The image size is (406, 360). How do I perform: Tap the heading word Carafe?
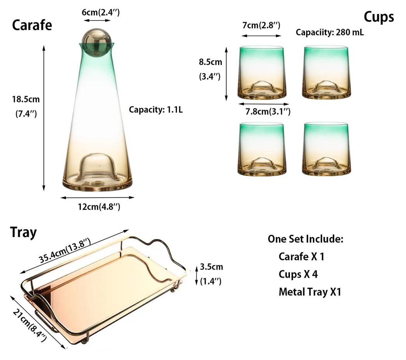tap(32, 25)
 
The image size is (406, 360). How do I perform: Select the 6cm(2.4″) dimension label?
tap(101, 12)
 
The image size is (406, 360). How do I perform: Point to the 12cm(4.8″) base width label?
tap(99, 207)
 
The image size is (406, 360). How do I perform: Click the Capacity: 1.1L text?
tap(156, 109)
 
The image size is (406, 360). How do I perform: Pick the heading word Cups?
tap(379, 17)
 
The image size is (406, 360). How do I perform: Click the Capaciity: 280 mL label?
tap(330, 32)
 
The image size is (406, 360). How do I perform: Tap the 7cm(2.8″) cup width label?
tap(261, 25)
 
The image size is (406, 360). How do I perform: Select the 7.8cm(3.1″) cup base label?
tap(268, 112)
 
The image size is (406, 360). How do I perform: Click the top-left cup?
tap(262, 73)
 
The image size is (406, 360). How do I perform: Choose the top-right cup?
tap(326, 73)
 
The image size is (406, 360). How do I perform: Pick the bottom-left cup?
tap(262, 149)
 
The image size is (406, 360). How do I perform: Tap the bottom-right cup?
tap(326, 149)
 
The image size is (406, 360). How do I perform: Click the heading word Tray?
tap(23, 232)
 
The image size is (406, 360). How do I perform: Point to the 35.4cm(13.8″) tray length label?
tap(65, 250)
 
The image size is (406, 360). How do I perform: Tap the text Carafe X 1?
tap(301, 256)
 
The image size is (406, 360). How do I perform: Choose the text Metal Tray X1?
tap(310, 292)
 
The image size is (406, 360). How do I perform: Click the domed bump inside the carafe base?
tap(98, 167)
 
